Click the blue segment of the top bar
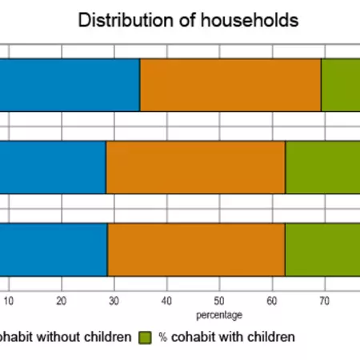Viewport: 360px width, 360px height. pyautogui.click(x=70, y=85)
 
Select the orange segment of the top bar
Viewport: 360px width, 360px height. pyautogui.click(x=230, y=85)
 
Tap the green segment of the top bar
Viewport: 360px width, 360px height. pyautogui.click(x=340, y=85)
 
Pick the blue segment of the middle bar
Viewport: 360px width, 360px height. pyautogui.click(x=53, y=167)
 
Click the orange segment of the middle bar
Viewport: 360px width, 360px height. pyautogui.click(x=196, y=167)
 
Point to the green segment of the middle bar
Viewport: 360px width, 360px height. pyautogui.click(x=322, y=167)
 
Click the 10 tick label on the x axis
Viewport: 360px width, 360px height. pyautogui.click(x=9, y=302)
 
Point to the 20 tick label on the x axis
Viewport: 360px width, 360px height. pyautogui.click(x=61, y=302)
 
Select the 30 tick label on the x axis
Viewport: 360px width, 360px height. pyautogui.click(x=114, y=302)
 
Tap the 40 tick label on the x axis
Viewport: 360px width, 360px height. pyautogui.click(x=166, y=302)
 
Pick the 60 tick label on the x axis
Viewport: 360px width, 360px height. pyautogui.click(x=272, y=302)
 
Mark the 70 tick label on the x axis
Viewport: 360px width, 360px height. pyautogui.click(x=325, y=302)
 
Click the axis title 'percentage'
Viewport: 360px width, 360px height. pyautogui.click(x=220, y=315)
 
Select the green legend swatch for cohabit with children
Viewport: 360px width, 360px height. pyautogui.click(x=146, y=338)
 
